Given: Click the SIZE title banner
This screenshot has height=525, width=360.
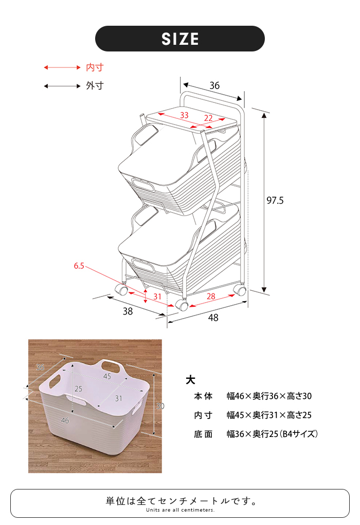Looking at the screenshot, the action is (x=180, y=39).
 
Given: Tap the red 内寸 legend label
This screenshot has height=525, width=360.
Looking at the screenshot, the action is (x=95, y=67).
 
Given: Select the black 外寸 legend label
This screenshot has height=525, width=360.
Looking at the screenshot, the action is (x=95, y=86).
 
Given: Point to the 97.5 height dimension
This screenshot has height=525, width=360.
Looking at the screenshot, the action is (x=275, y=200).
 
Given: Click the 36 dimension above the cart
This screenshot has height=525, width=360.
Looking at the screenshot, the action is (x=214, y=85).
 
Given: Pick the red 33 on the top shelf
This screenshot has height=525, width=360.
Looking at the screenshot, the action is (x=184, y=115).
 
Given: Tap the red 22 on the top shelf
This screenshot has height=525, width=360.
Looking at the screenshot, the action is (x=208, y=118).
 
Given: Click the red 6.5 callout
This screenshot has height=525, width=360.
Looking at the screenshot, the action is (x=79, y=266).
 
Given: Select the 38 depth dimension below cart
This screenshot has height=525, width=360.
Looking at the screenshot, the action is (x=128, y=311).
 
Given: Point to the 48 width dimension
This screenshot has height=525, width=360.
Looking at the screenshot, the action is (x=213, y=318).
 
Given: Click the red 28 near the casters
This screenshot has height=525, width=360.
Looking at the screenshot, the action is (x=211, y=296).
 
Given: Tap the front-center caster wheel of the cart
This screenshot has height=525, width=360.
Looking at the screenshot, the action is (x=182, y=304).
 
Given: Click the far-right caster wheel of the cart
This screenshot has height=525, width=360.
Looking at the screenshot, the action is (x=240, y=290).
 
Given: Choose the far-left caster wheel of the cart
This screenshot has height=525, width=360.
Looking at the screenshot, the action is (x=121, y=289).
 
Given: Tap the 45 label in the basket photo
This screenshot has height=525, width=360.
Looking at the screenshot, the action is (x=107, y=376).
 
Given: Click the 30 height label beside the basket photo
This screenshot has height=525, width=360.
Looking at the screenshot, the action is (x=160, y=406).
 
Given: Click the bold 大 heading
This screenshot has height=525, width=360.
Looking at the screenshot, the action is (x=190, y=380).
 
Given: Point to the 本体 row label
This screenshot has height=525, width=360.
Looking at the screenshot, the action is (x=203, y=396).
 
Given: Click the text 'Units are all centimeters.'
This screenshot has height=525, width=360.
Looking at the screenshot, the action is (x=181, y=510).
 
